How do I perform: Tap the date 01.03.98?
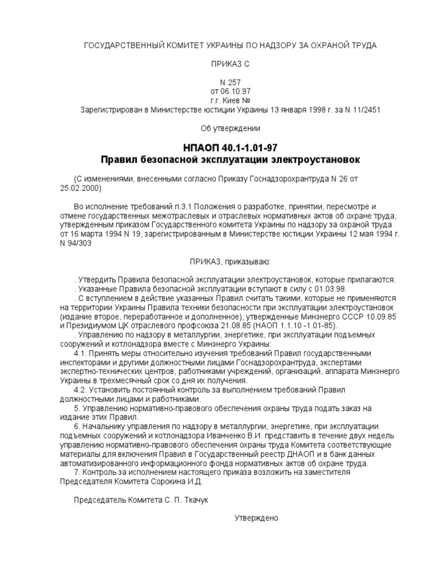pos(331,289)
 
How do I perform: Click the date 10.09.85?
pos(382,316)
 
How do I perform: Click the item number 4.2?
pos(81,390)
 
